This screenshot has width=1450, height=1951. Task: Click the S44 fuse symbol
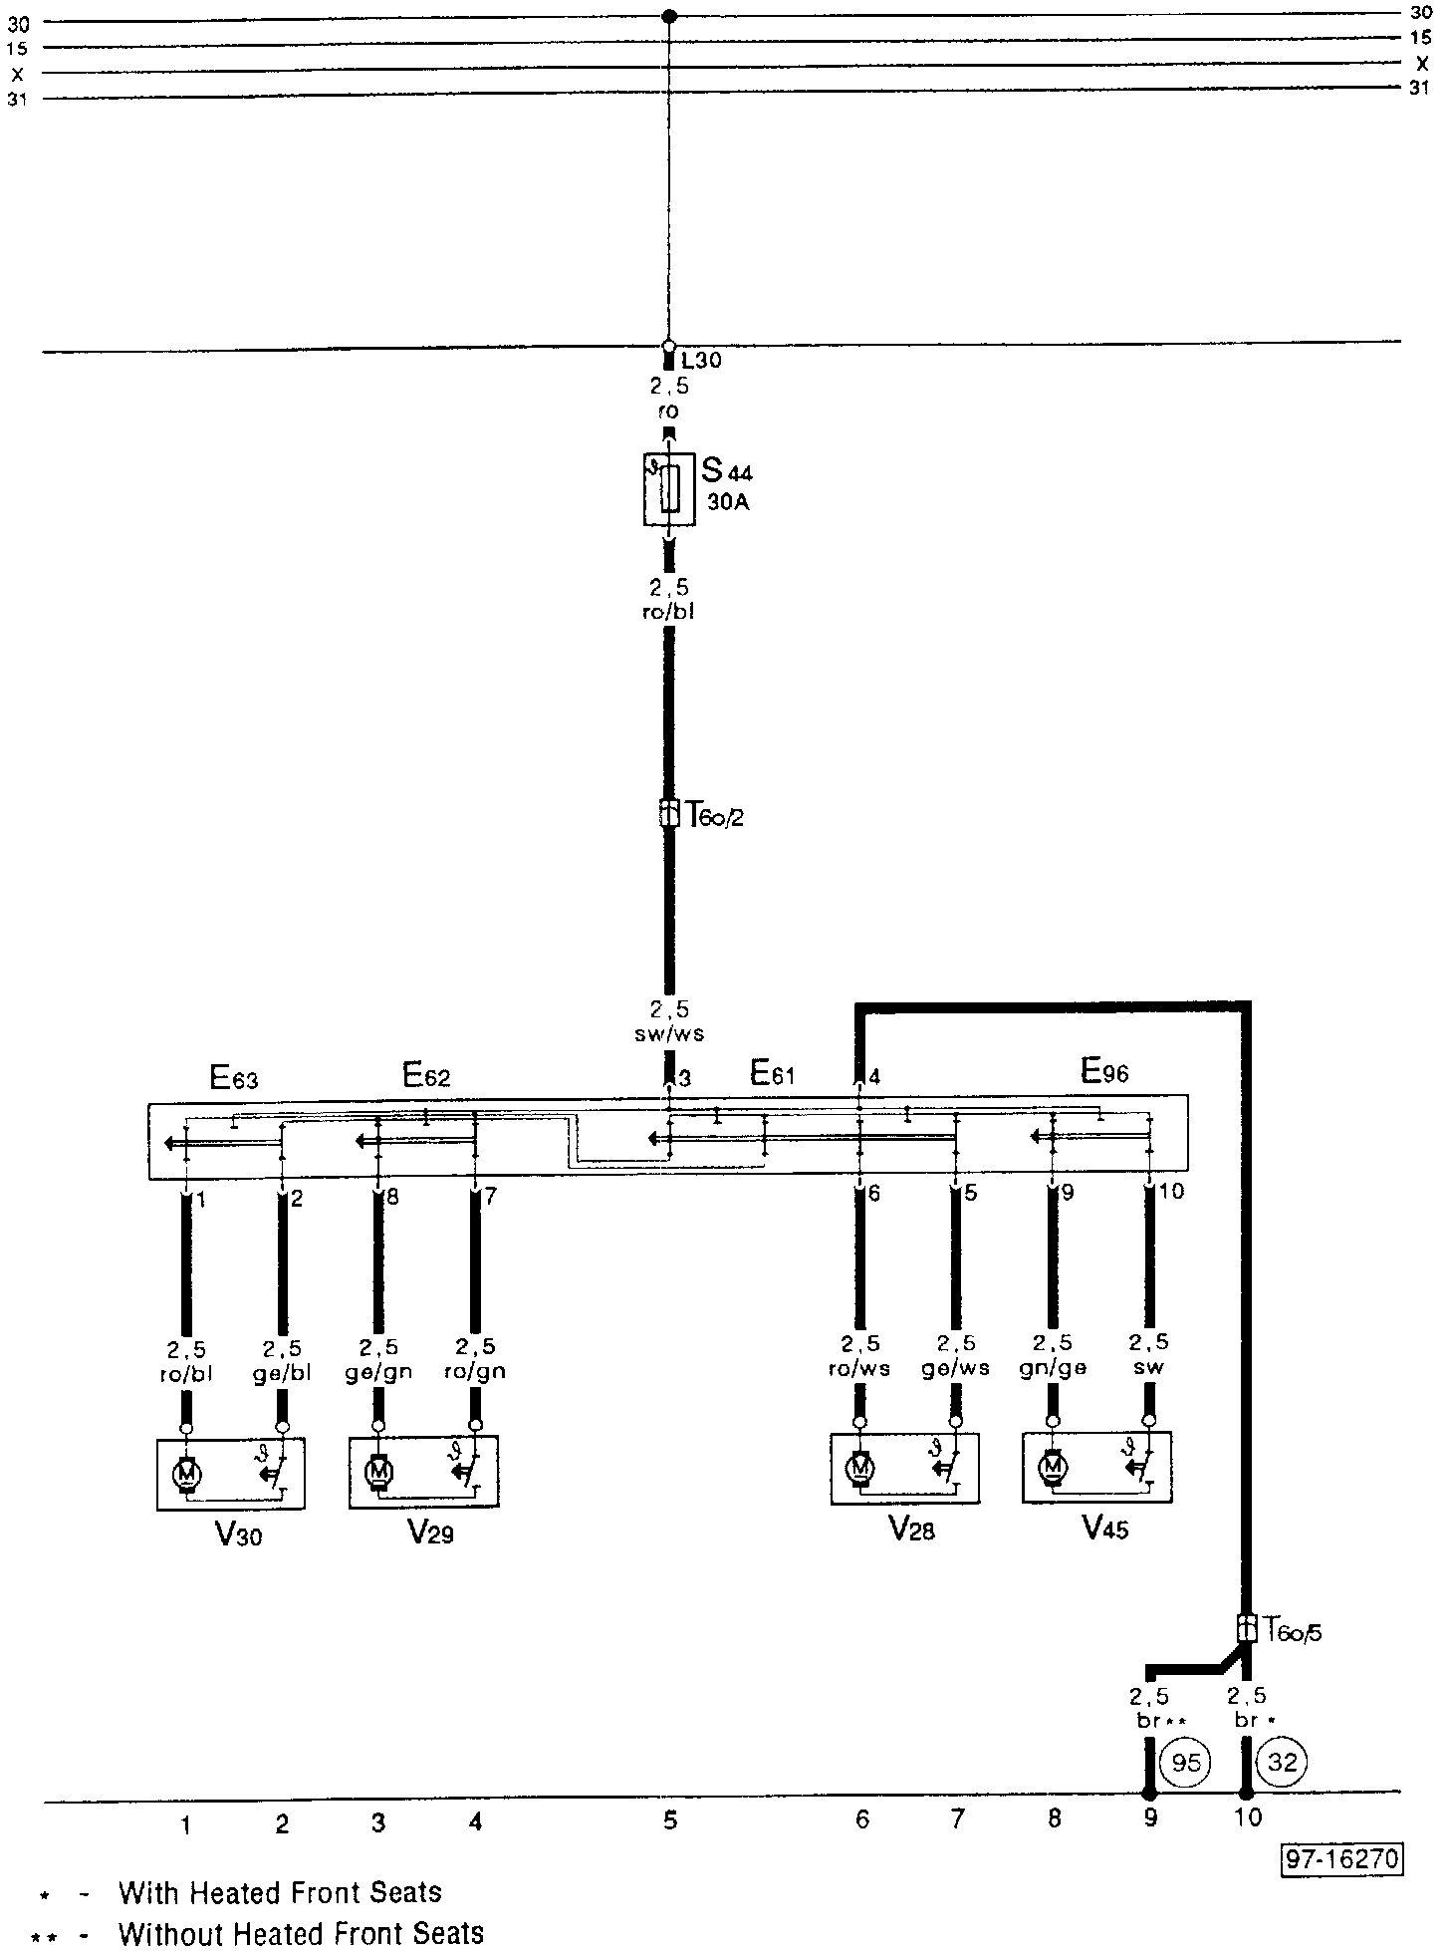click(x=669, y=488)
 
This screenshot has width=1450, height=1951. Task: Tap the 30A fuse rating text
click(x=727, y=502)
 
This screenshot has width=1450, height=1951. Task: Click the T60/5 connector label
click(x=1294, y=1631)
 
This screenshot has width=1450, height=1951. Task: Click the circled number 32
click(x=1282, y=1763)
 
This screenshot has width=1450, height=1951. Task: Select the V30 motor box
click(x=230, y=1475)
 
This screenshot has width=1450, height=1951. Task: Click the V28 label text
click(x=911, y=1530)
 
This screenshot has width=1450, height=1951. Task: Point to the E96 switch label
click(x=1104, y=1072)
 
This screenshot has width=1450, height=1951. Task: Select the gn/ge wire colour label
click(x=1053, y=1368)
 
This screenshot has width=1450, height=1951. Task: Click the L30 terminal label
click(x=700, y=361)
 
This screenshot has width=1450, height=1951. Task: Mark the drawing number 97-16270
click(x=1342, y=1859)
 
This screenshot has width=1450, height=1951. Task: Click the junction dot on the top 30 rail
click(x=669, y=16)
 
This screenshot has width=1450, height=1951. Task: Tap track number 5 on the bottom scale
click(x=669, y=1821)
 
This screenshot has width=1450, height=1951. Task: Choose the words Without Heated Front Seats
click(x=301, y=1934)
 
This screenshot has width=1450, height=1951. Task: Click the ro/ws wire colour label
click(x=858, y=1368)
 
